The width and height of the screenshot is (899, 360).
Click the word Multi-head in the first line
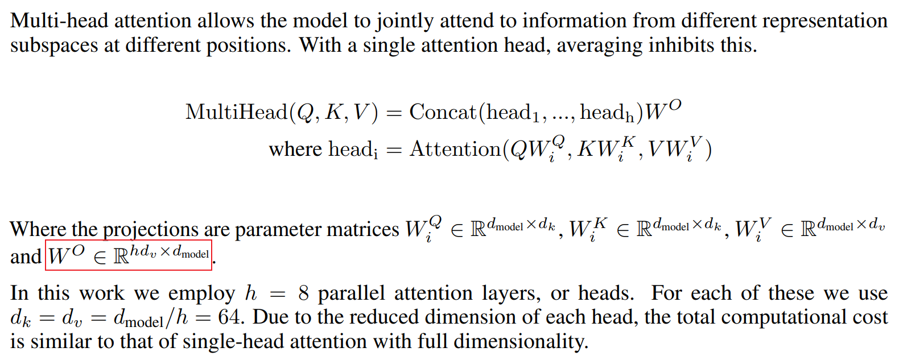click(x=59, y=21)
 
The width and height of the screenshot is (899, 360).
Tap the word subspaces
click(x=54, y=45)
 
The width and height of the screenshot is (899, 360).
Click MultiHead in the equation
click(x=236, y=112)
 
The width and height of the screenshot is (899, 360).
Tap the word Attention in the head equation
click(x=455, y=149)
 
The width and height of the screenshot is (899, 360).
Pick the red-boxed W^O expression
click(x=129, y=255)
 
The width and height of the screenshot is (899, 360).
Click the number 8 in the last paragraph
click(x=303, y=293)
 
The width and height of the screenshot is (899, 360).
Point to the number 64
click(x=230, y=317)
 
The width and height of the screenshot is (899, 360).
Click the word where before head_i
click(x=295, y=149)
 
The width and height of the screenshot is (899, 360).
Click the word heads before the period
click(x=604, y=293)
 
